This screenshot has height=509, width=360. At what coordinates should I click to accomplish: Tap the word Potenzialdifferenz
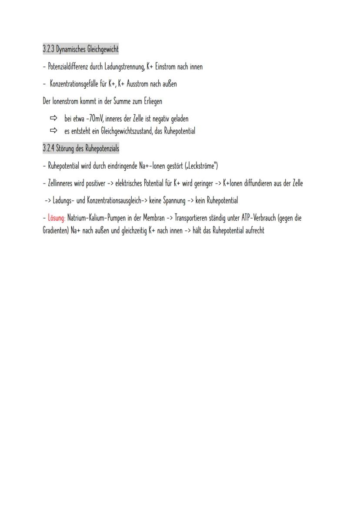click(x=67, y=67)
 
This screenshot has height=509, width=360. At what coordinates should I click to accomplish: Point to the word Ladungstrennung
click(x=123, y=67)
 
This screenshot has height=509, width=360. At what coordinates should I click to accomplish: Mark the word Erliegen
click(x=150, y=101)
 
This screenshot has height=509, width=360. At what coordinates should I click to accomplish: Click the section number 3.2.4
click(x=48, y=149)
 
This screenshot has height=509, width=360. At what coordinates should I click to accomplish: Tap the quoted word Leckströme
click(x=201, y=166)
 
